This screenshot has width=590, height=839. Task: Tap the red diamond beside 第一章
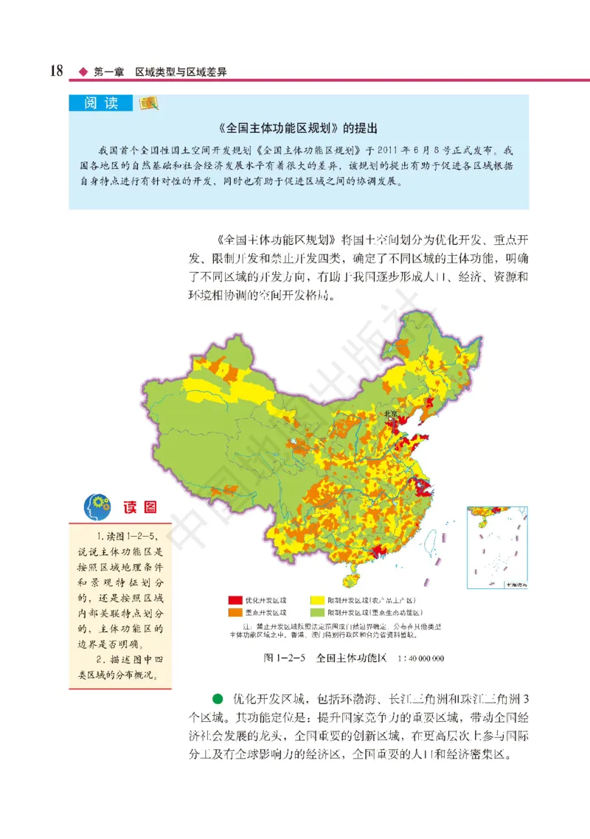(83, 72)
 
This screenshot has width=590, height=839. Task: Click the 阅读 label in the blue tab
(101, 104)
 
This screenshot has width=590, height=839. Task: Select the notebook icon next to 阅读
(150, 103)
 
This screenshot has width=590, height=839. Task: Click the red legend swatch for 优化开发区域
(235, 601)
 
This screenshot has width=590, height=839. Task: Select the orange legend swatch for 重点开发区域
(235, 613)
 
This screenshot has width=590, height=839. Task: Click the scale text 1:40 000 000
(417, 658)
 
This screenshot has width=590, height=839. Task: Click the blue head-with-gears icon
(98, 507)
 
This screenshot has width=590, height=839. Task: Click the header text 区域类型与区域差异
(180, 72)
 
